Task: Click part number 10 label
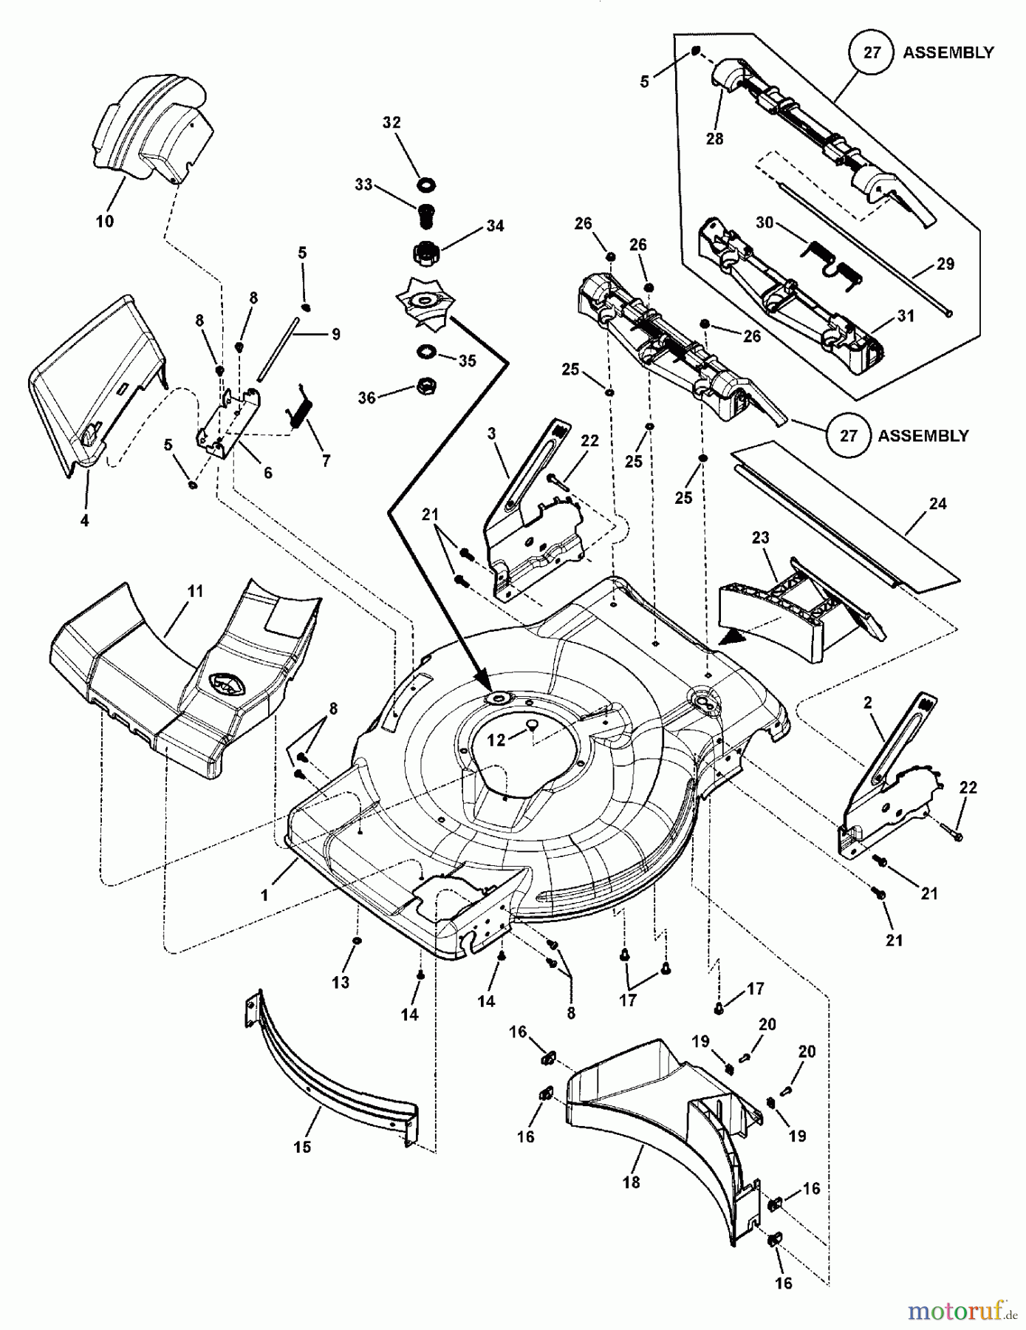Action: [105, 221]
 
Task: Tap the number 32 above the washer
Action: [391, 123]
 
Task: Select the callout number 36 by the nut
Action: [367, 398]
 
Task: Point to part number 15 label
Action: [302, 1147]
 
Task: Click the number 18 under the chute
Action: [631, 1182]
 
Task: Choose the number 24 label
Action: [937, 504]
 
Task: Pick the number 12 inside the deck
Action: [496, 739]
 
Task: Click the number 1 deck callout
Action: [264, 895]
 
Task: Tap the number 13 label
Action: [341, 982]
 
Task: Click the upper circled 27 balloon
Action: [872, 52]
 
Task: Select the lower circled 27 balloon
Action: [849, 435]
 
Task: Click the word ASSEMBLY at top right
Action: [948, 52]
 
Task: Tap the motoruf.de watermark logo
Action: [961, 1312]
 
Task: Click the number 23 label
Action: [760, 538]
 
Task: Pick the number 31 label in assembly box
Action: [906, 316]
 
